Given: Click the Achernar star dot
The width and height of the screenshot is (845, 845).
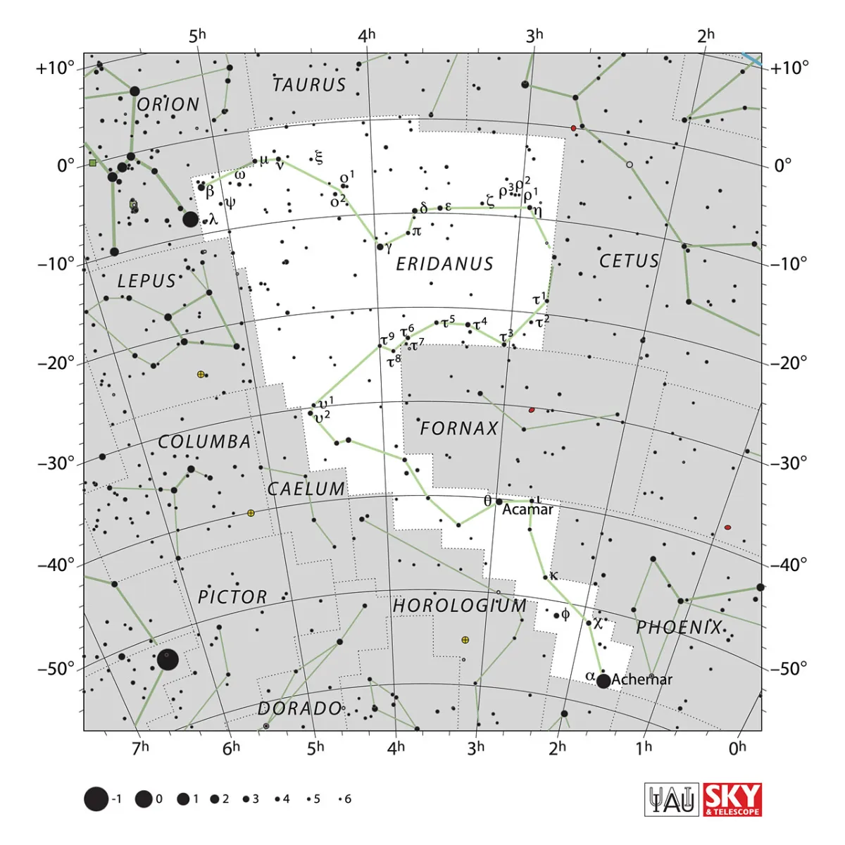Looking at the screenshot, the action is tap(603, 681).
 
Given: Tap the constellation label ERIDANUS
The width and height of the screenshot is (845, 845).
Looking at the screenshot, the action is tap(444, 264).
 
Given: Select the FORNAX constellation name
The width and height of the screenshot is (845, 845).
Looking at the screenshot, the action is tap(459, 428).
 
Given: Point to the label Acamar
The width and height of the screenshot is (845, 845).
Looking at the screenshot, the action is tap(527, 509).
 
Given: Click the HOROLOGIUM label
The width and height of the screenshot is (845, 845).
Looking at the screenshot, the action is tap(459, 606).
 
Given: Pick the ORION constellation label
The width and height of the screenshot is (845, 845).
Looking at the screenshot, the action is tap(168, 105).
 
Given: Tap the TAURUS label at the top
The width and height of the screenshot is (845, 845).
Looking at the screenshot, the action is tap(309, 85).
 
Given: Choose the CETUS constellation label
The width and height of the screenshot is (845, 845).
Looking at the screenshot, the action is tap(629, 261).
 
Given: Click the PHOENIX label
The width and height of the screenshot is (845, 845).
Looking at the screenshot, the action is tap(680, 627).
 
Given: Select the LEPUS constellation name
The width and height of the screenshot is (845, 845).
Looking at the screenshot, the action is tap(146, 281).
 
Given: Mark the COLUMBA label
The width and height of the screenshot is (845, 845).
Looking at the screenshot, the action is tap(204, 442).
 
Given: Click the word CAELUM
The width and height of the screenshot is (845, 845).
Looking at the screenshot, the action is tap(306, 489).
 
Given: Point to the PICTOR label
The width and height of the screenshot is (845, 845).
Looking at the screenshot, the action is tap(232, 597).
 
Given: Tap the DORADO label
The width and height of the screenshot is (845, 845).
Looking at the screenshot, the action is tap(299, 708).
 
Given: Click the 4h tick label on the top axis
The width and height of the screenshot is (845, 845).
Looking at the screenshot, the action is tap(367, 35).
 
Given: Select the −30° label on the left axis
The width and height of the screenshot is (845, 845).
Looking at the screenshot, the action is tap(56, 463).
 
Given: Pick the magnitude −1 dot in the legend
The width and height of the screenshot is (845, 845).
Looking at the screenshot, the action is tap(96, 799).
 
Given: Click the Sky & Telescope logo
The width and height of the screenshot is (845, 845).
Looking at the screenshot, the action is tap(732, 800).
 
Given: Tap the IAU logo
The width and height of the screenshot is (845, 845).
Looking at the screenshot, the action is tap(672, 800).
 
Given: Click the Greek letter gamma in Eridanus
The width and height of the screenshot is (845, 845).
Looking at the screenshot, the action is tap(389, 247).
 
